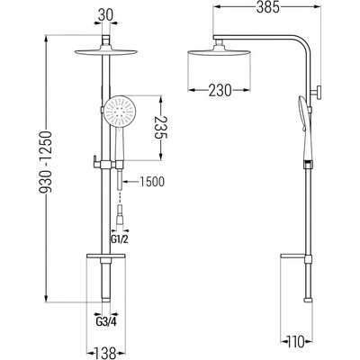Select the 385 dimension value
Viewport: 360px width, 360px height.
point(268,7)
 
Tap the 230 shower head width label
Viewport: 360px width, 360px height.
point(220,90)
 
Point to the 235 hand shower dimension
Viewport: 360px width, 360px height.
point(161,127)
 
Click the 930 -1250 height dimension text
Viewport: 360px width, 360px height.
point(47,161)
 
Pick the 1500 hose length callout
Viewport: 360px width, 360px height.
point(152,182)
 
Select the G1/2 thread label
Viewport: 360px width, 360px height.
point(120,239)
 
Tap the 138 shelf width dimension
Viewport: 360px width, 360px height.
point(105,353)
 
